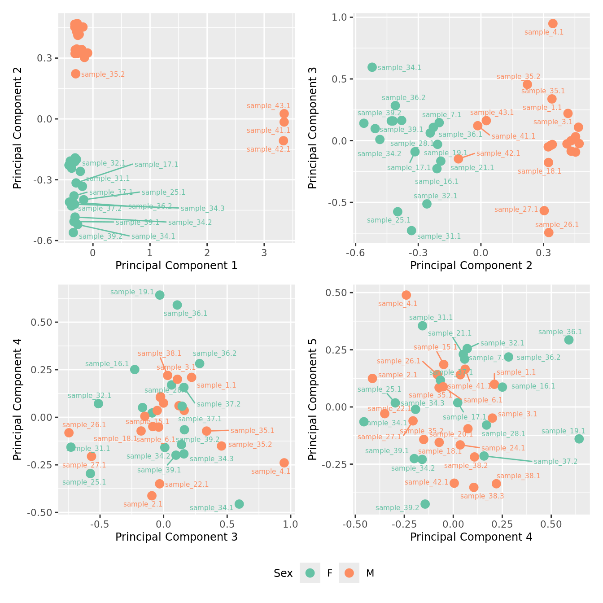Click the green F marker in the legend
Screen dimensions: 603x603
(x=310, y=573)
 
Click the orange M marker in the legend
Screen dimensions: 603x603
(x=349, y=573)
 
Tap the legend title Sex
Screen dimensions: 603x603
(x=283, y=573)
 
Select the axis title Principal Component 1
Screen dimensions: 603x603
(x=176, y=266)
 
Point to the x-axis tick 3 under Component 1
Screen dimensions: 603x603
(x=264, y=253)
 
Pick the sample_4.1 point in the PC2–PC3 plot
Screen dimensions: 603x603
(x=553, y=23)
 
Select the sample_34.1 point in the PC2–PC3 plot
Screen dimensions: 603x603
(x=372, y=67)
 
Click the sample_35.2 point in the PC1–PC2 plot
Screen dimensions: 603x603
(x=75, y=74)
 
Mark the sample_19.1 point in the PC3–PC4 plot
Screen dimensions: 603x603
(x=160, y=295)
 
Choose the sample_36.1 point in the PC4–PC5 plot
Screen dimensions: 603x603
(x=569, y=340)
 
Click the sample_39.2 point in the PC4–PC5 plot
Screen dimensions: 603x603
(x=425, y=504)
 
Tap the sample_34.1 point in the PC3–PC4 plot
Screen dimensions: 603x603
(x=239, y=504)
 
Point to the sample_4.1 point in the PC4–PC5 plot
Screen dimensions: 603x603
(x=406, y=295)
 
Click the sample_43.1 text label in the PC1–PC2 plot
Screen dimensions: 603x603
(x=269, y=106)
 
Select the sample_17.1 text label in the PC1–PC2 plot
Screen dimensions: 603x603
(x=156, y=165)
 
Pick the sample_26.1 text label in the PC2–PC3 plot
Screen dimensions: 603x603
(x=557, y=225)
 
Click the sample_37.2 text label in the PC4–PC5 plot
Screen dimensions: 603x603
(x=555, y=462)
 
